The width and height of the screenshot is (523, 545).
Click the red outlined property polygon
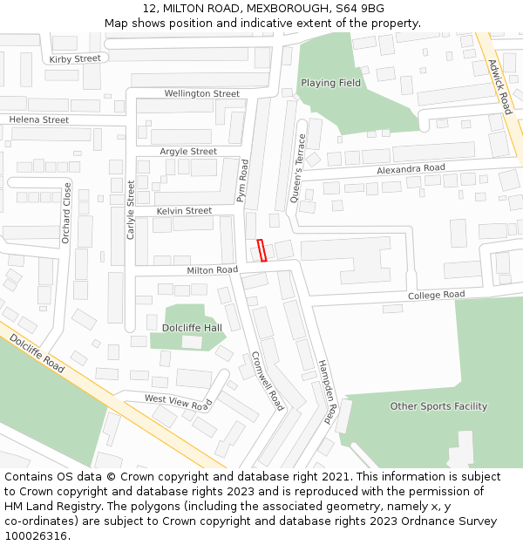click(x=261, y=250)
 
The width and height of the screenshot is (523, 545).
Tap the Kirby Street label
click(x=75, y=58)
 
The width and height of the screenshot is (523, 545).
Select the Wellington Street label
click(x=201, y=93)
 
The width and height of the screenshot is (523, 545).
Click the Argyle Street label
click(x=188, y=151)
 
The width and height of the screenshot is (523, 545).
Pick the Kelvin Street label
click(x=184, y=211)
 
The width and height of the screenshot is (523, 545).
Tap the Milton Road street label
click(x=212, y=270)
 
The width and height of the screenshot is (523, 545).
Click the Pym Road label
click(x=243, y=181)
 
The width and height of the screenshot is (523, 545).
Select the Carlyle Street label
click(x=132, y=209)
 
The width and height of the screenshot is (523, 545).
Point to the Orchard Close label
click(x=66, y=213)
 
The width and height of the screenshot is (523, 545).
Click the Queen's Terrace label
click(x=298, y=168)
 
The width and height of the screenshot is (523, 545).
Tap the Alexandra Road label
click(x=411, y=168)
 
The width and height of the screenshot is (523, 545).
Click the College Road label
click(x=437, y=295)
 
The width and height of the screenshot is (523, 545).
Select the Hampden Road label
click(x=325, y=391)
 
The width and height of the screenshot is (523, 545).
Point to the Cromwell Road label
click(x=268, y=381)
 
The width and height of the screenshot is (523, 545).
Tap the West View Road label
click(x=178, y=401)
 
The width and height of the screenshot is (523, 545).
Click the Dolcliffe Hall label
click(x=192, y=328)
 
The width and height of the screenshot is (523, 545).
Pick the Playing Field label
click(x=330, y=83)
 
